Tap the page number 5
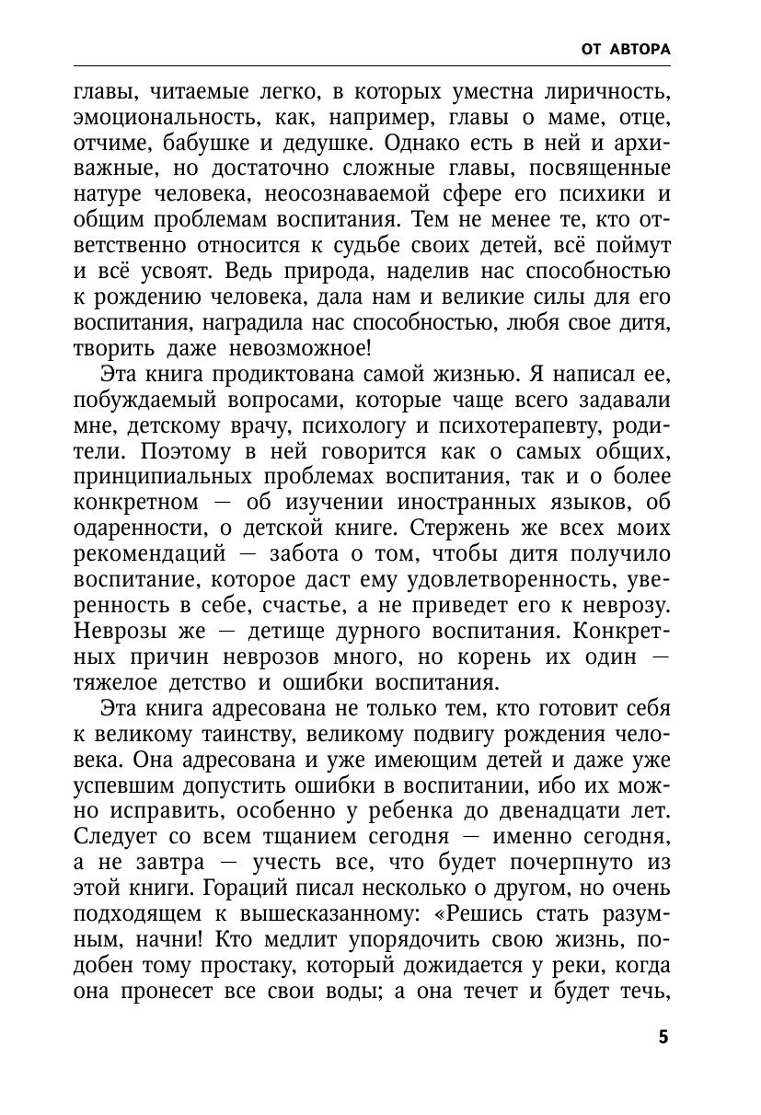click(663, 1038)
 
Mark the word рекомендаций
click(149, 555)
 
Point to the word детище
click(311, 633)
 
